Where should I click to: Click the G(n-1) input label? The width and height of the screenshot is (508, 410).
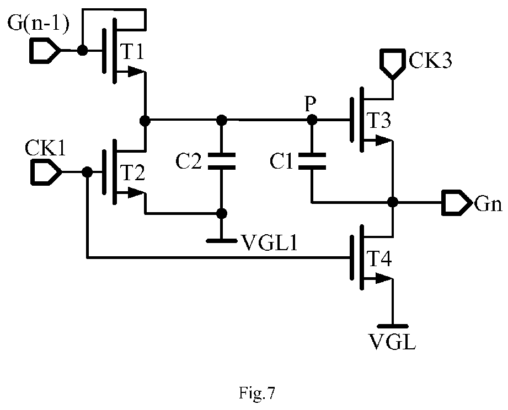(x=38, y=24)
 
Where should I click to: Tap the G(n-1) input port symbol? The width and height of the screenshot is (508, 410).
(x=45, y=51)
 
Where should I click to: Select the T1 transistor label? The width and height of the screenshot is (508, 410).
(x=132, y=51)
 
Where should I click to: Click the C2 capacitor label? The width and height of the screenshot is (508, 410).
(x=188, y=161)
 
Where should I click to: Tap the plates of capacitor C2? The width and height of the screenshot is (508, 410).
(x=222, y=161)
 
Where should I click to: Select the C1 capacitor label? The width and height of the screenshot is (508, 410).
(x=281, y=161)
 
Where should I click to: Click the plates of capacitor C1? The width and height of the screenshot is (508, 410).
(x=312, y=161)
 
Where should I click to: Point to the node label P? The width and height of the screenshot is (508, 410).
(x=311, y=104)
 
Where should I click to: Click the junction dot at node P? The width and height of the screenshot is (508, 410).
(x=312, y=120)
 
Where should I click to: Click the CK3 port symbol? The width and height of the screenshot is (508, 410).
(x=393, y=64)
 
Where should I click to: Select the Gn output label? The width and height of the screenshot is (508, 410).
(x=488, y=204)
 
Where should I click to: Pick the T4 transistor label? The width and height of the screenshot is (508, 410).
(x=379, y=259)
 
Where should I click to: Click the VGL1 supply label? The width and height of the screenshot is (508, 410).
(x=270, y=242)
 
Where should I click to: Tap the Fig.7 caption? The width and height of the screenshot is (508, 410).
(x=257, y=393)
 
